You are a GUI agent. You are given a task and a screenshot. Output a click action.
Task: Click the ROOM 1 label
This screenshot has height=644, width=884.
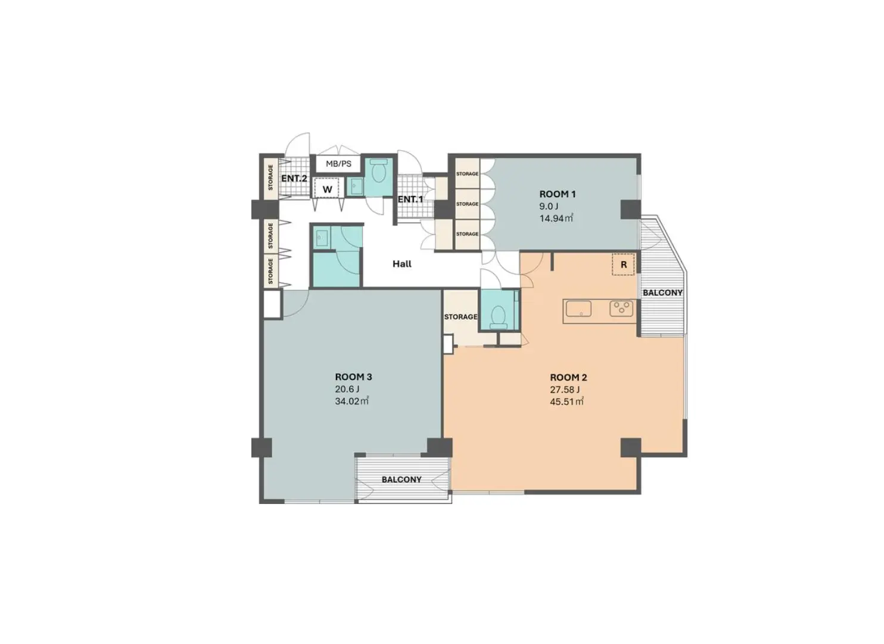(557, 194)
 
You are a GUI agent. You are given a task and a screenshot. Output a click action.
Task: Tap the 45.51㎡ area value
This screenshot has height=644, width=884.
(566, 402)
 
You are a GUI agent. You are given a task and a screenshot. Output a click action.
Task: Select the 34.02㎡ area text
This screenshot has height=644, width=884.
(351, 402)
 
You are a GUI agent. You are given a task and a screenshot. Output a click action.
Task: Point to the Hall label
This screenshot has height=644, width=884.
(401, 264)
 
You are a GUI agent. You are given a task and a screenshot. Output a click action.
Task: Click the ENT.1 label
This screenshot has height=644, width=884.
(410, 200)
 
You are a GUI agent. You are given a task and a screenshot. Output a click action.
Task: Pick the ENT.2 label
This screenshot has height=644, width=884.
(294, 178)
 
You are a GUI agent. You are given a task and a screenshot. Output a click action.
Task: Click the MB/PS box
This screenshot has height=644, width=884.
(338, 164)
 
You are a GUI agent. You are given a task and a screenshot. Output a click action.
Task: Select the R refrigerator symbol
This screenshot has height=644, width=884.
(623, 265)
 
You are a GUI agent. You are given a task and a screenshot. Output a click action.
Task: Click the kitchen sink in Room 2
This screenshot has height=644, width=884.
(578, 309)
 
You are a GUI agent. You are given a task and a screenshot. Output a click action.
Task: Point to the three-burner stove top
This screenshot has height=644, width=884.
(621, 309)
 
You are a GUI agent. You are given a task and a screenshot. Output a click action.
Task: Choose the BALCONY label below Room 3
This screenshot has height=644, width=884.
(401, 480)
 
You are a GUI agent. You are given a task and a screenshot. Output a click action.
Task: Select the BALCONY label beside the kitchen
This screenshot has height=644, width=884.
(662, 293)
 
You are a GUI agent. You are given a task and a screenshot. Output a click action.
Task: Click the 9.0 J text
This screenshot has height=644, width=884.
(549, 206)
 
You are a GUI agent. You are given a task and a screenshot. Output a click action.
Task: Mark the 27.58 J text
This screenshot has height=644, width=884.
(565, 390)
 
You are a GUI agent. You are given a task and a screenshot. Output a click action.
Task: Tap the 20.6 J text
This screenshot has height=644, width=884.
(347, 389)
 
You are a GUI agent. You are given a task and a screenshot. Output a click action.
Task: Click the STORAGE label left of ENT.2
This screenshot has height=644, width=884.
(270, 178)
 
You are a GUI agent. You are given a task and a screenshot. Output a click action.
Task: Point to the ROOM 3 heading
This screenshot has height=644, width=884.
(354, 377)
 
